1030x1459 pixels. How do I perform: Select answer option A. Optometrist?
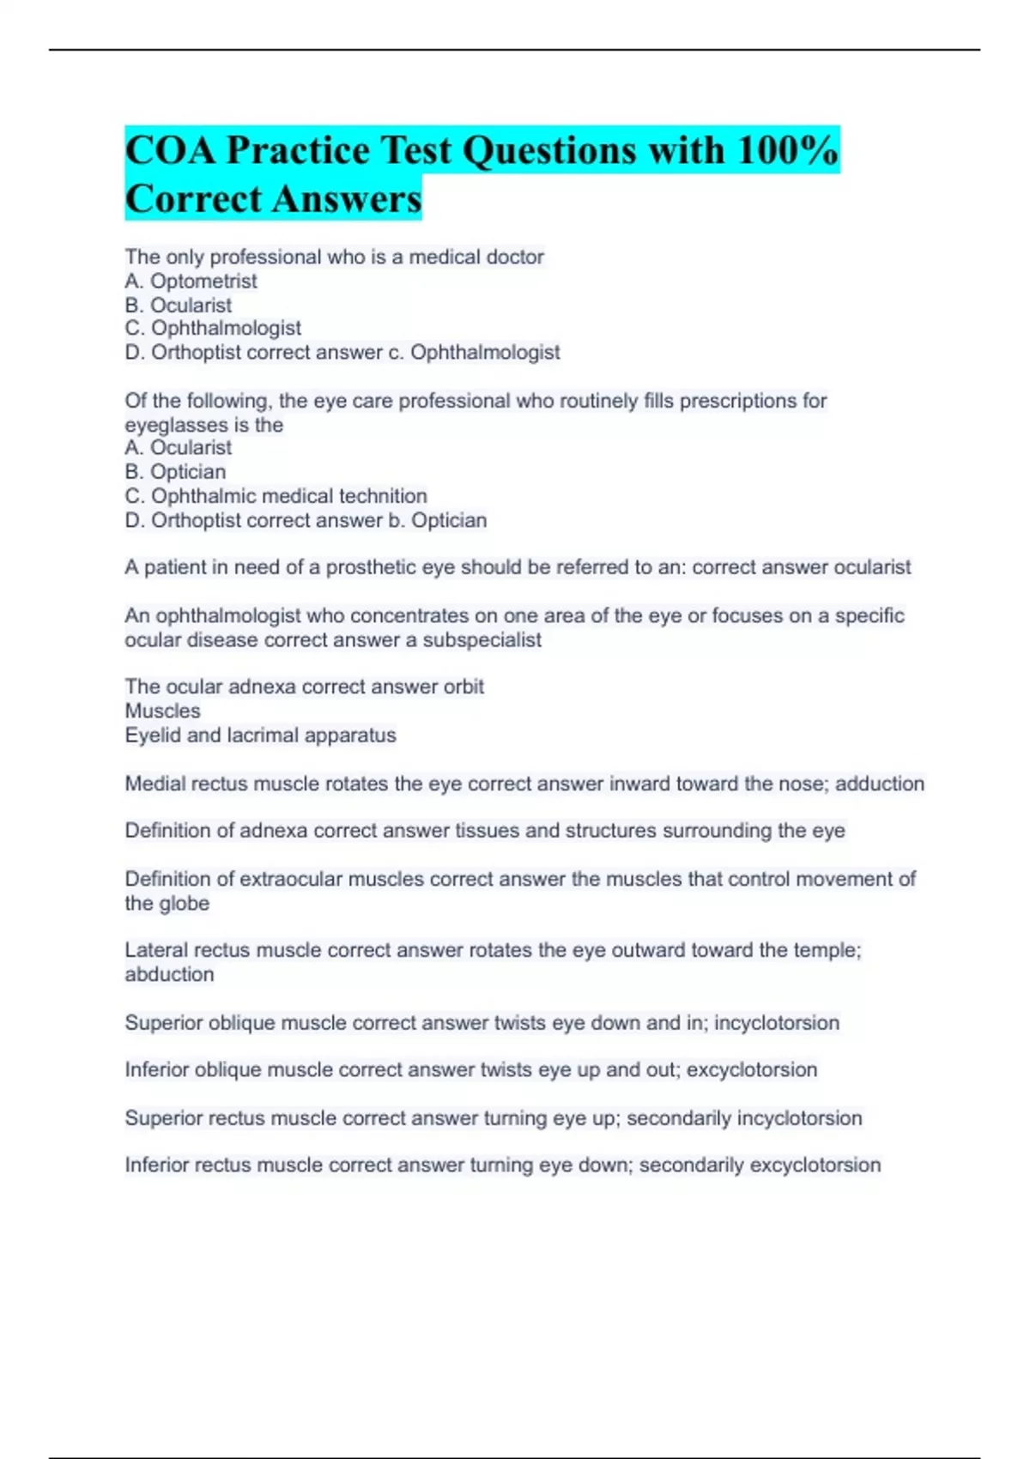[x=191, y=281]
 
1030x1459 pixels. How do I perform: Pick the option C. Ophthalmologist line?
[x=213, y=328]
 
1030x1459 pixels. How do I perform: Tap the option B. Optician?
[x=175, y=471]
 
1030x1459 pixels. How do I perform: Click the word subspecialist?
[x=482, y=639]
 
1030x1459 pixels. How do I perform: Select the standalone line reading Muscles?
[x=162, y=711]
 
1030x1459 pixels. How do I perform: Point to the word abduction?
[x=169, y=974]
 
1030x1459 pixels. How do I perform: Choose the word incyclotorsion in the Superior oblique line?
[x=776, y=1022]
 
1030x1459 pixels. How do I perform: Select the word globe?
[x=184, y=903]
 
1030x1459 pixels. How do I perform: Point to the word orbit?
[x=463, y=687]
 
